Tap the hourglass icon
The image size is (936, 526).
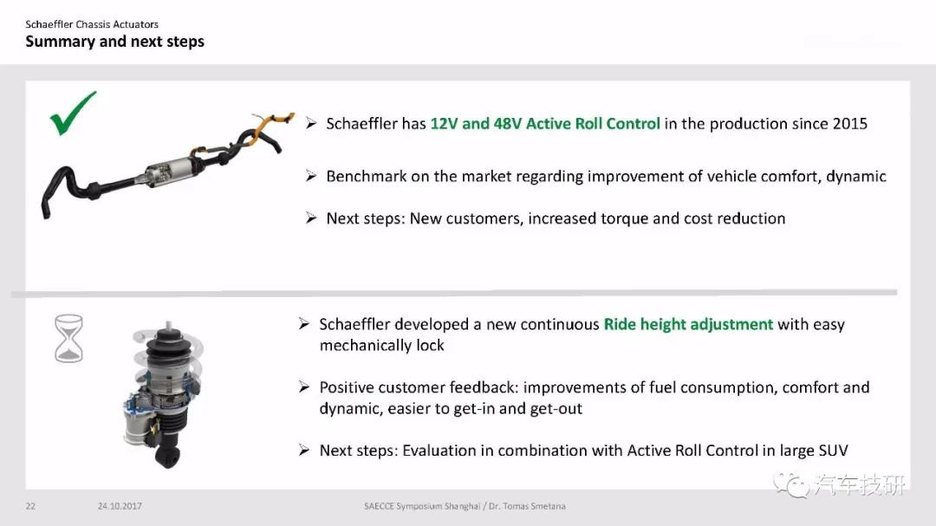pos(68,339)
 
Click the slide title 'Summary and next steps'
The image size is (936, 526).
pos(114,42)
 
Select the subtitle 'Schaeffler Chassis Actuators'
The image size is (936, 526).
pos(92,24)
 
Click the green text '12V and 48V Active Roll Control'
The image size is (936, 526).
pos(545,124)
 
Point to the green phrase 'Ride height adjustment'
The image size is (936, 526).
pos(688,324)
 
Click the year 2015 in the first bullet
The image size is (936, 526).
pos(849,124)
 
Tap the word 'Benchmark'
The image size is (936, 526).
pos(366,176)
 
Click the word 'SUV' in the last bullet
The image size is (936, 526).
pos(834,450)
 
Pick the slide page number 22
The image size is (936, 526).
pos(30,506)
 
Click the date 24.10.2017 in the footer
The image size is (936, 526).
pos(120,506)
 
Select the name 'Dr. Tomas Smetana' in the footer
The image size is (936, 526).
pos(527,506)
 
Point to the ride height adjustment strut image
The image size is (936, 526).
pos(164,394)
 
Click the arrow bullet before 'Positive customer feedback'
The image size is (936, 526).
pos(304,386)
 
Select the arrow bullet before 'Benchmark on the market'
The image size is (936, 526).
pos(311,176)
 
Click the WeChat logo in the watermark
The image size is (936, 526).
pos(791,484)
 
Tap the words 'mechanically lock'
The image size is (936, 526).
pos(382,346)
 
